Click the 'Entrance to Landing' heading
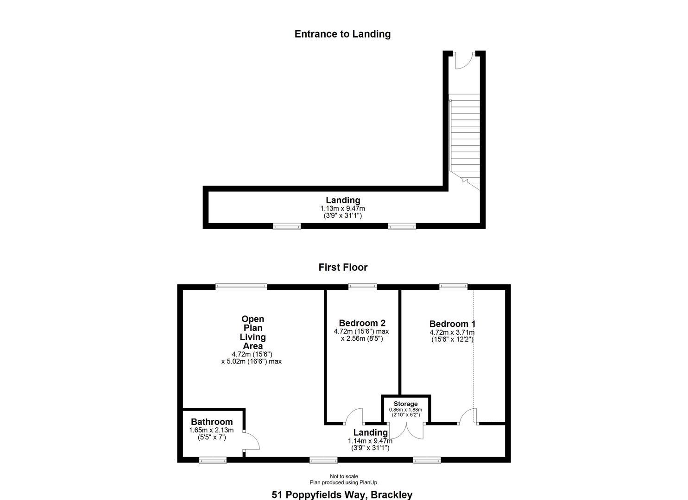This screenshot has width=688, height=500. tap(342, 34)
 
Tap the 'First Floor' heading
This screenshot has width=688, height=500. tap(343, 267)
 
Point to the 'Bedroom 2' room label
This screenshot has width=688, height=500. tap(362, 323)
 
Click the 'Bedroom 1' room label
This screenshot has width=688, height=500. tap(452, 324)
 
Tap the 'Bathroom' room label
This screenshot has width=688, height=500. tap(212, 422)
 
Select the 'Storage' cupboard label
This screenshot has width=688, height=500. tap(405, 404)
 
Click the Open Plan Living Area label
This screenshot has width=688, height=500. tap(253, 332)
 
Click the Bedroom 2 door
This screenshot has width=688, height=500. tap(354, 416)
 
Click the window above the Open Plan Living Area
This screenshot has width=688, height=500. tap(241, 287)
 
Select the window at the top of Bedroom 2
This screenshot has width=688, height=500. tap(363, 287)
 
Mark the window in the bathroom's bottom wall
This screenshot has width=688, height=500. tap(213, 460)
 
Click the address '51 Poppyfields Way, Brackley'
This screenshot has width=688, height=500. tap(342, 494)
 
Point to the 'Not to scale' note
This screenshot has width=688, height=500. tap(344, 476)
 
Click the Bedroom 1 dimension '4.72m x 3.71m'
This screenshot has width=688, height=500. tap(452, 332)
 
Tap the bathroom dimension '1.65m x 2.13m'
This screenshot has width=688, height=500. tap(211, 430)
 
